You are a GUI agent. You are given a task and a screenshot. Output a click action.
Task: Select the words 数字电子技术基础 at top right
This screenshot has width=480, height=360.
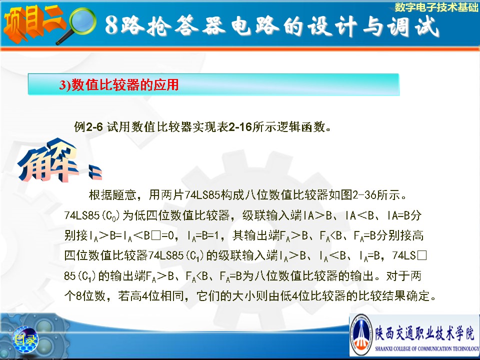pyautogui.click(x=436, y=7)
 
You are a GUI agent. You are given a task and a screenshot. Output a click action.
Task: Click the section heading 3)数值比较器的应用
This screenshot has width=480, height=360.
pyautogui.click(x=119, y=84)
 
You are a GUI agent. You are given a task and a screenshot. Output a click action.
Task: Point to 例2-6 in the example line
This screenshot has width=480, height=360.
pyautogui.click(x=88, y=126)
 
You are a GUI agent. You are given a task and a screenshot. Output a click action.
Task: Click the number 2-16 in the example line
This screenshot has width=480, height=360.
pyautogui.click(x=240, y=126)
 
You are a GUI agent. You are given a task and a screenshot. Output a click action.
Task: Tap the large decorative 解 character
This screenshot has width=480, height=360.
pyautogui.click(x=47, y=160)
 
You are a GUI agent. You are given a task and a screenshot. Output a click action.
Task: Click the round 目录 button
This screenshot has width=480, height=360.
pyautogui.click(x=25, y=339)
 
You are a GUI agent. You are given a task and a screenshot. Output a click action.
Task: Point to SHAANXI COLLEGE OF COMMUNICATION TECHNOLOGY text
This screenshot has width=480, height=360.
pyautogui.click(x=426, y=348)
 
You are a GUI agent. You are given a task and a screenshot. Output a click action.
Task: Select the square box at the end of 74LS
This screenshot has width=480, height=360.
pyautogui.click(x=421, y=255)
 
